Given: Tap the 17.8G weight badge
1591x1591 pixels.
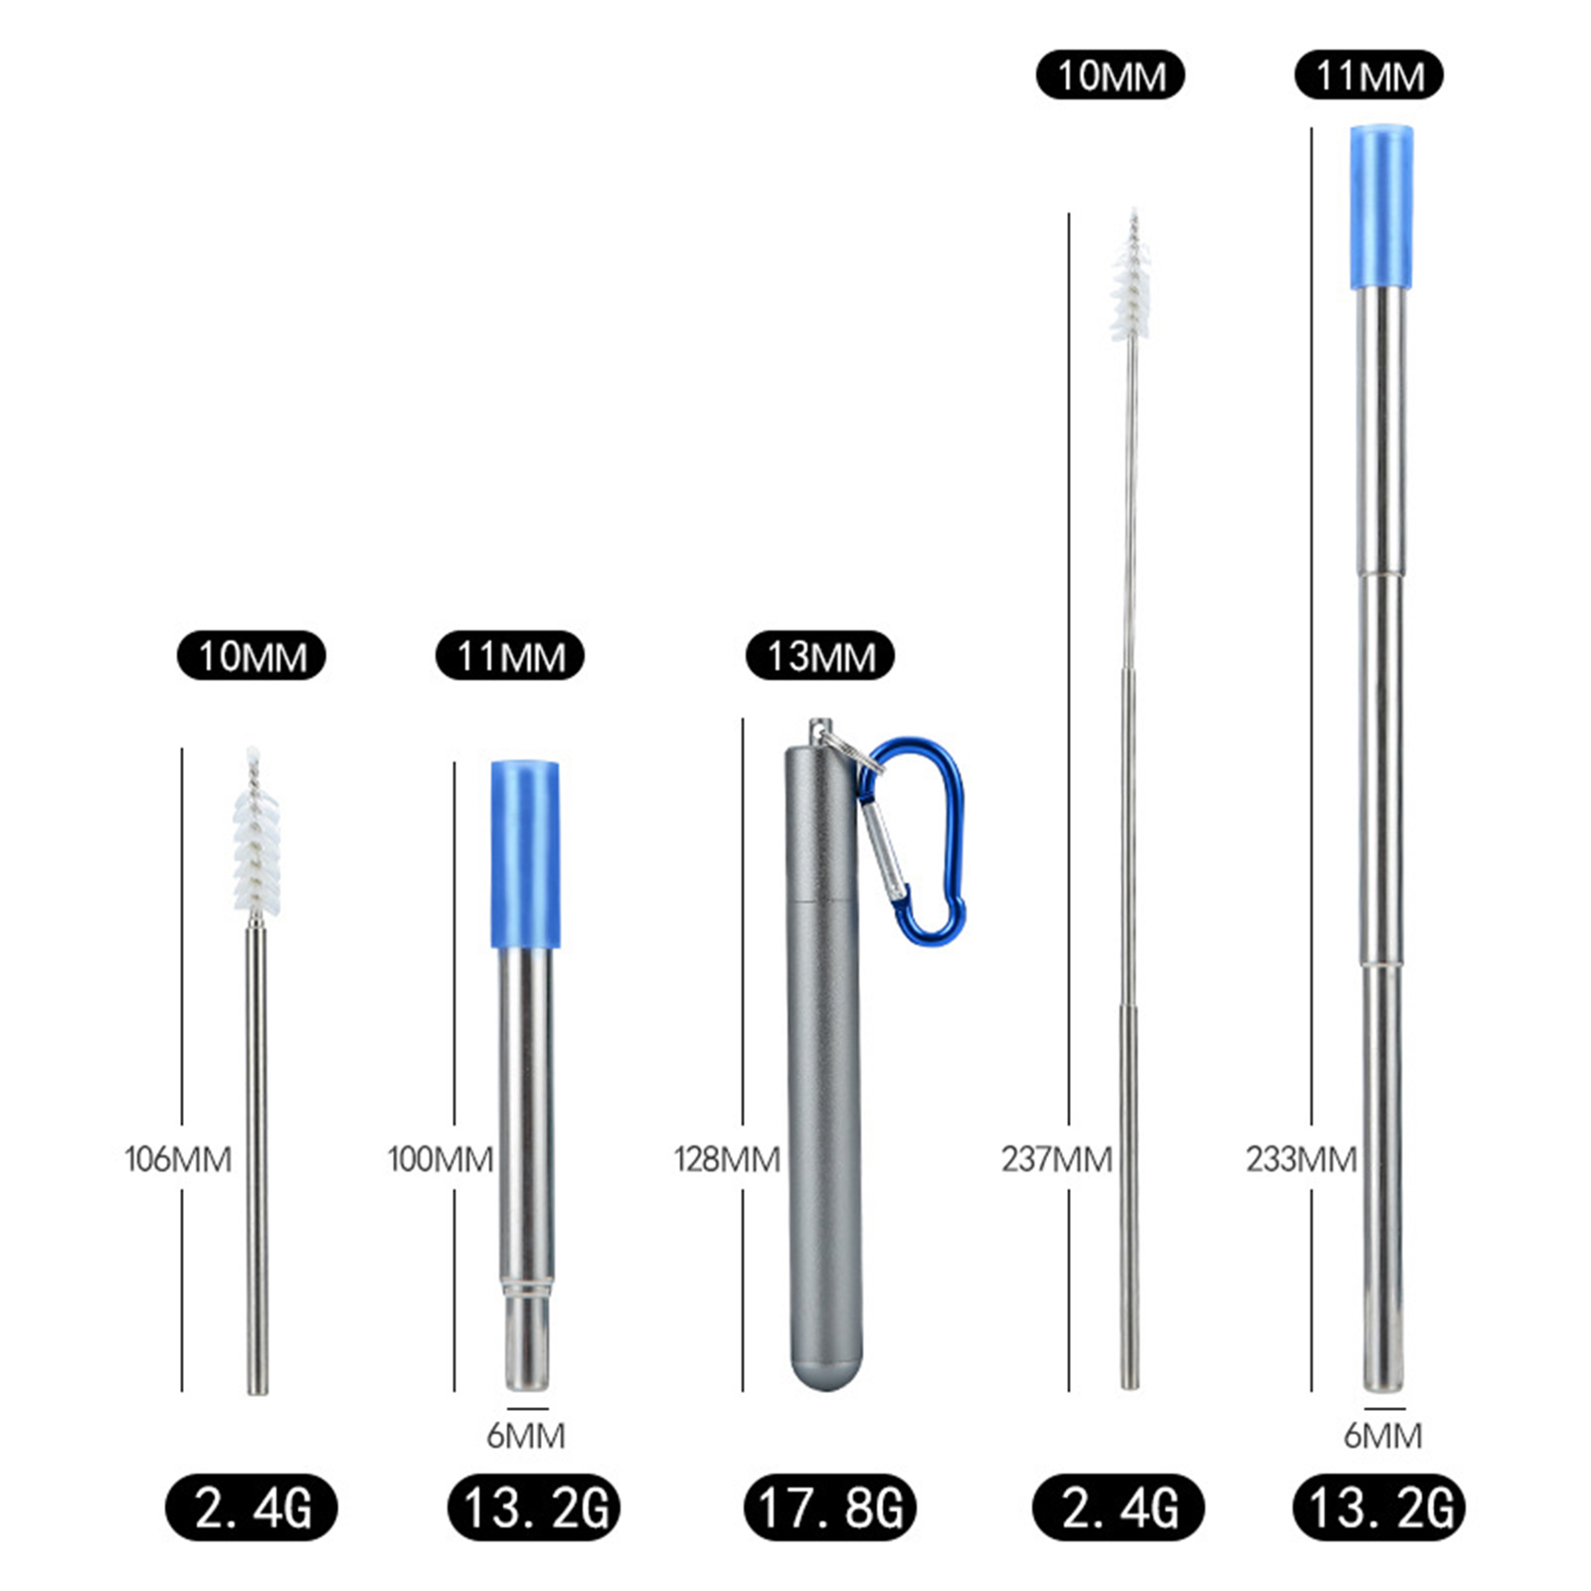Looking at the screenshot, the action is (x=830, y=1507).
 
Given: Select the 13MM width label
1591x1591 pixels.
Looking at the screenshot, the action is (x=820, y=656).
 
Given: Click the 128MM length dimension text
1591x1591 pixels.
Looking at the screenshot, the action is (x=727, y=1159).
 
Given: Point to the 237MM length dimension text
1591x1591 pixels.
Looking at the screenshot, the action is (x=1057, y=1159).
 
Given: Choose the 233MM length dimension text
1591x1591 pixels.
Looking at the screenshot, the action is (x=1302, y=1159).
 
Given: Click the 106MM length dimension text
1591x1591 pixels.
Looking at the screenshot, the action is (x=178, y=1159).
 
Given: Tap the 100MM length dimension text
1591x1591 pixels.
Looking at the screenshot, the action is (x=441, y=1159).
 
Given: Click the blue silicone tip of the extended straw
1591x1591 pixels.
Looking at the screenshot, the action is (x=1381, y=207).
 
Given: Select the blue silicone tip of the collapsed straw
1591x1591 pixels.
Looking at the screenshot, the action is (x=525, y=854).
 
